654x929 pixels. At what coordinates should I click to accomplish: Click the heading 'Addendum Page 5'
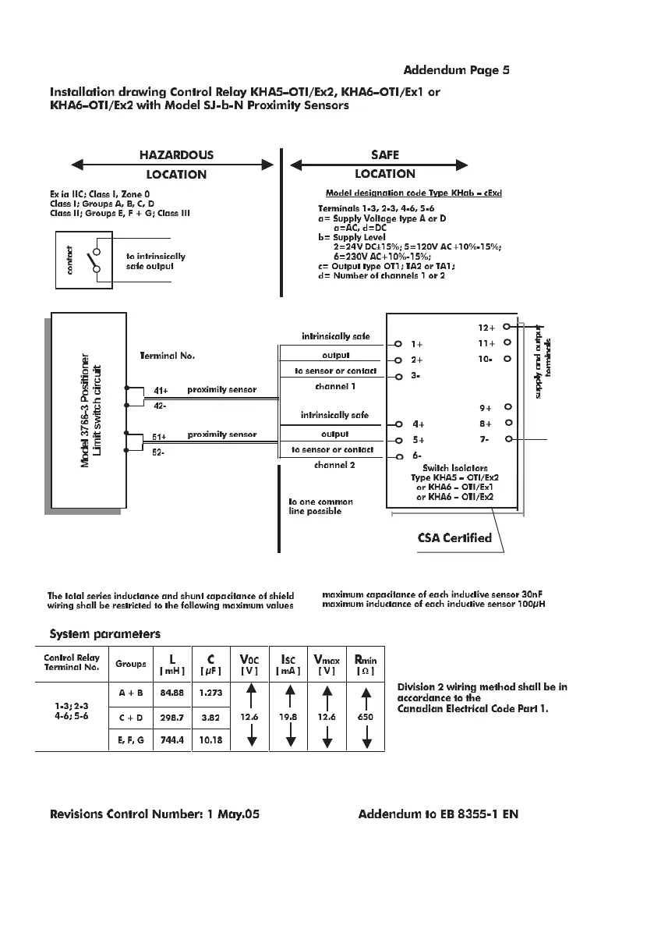pyautogui.click(x=456, y=70)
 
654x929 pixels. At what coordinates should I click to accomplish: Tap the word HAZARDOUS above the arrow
pyautogui.click(x=175, y=155)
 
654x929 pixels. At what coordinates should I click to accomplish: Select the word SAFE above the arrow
pyautogui.click(x=385, y=155)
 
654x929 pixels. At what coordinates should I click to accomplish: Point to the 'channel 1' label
pyautogui.click(x=335, y=385)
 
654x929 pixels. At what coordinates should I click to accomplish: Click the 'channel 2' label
pyautogui.click(x=334, y=465)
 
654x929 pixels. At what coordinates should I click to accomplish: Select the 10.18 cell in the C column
pyautogui.click(x=210, y=739)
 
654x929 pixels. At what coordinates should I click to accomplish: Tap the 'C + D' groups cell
pyautogui.click(x=130, y=715)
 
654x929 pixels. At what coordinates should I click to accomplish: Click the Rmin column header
pyautogui.click(x=365, y=664)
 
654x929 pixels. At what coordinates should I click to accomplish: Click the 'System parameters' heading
pyautogui.click(x=105, y=633)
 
